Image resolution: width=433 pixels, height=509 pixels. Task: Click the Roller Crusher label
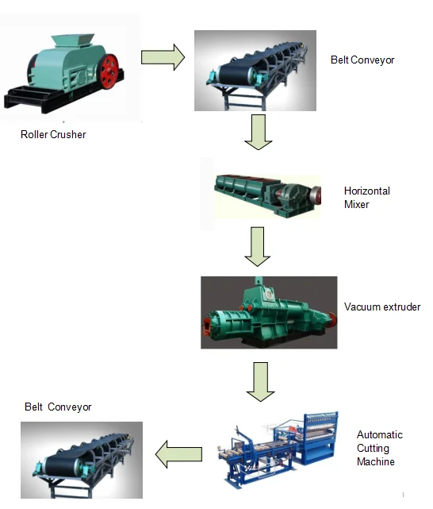tap(53, 134)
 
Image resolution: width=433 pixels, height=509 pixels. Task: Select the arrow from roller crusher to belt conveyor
tap(163, 56)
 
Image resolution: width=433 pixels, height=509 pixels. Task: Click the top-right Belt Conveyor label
tap(362, 60)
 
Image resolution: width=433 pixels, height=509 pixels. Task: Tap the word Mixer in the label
tap(357, 204)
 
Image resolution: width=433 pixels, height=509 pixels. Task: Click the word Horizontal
tap(367, 191)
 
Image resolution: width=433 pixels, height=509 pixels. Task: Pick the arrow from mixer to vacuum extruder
tap(258, 247)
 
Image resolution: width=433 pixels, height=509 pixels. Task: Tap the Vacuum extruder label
tap(382, 307)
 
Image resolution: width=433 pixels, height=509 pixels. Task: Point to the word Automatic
tap(379, 434)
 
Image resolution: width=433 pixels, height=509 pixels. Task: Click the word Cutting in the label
tap(373, 448)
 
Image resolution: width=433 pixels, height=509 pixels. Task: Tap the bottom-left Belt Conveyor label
tap(58, 407)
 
